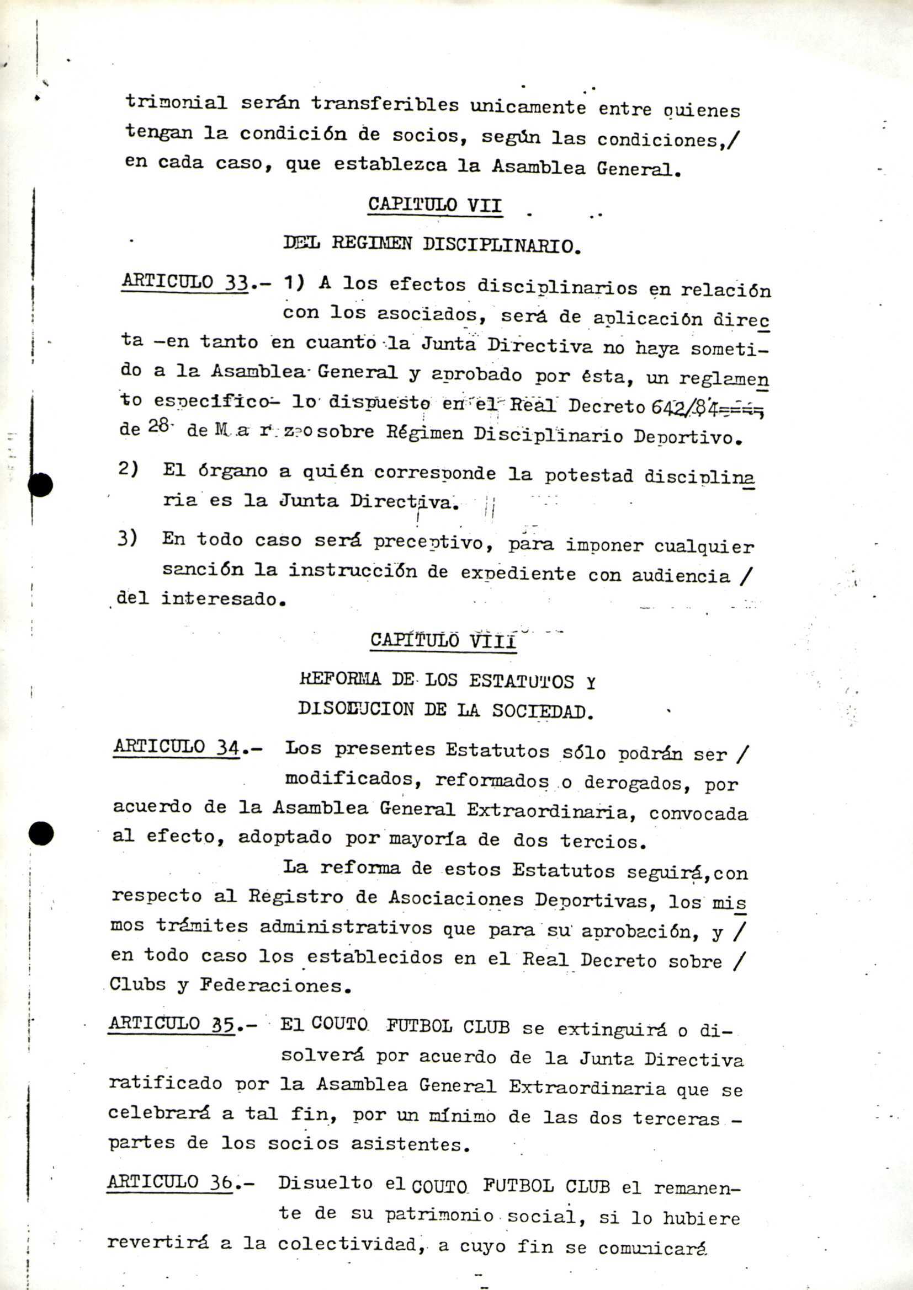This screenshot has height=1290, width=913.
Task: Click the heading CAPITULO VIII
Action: [443, 640]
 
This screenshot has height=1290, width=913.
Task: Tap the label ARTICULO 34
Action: [177, 747]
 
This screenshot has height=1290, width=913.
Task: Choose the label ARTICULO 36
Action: [170, 1182]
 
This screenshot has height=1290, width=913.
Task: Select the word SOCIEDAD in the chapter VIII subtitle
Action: [543, 711]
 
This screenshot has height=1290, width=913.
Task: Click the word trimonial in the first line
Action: [176, 102]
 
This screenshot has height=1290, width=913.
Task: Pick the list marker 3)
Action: [127, 538]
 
